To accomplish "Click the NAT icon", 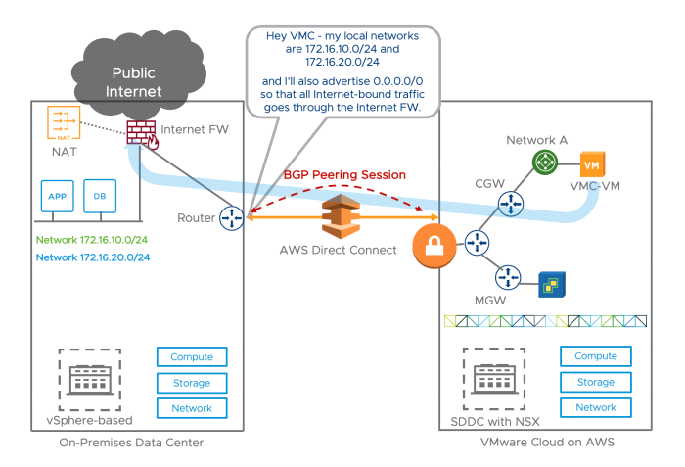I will click(x=63, y=125).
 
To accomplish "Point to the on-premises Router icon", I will click(x=231, y=216).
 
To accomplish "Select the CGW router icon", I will click(x=509, y=203).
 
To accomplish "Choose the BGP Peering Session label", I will click(x=343, y=174).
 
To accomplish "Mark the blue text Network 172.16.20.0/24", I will click(x=93, y=257).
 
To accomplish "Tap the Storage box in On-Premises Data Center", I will click(x=192, y=382).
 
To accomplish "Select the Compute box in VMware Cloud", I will click(x=595, y=357).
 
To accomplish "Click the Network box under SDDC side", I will click(x=595, y=407).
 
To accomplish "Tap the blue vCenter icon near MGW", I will click(x=556, y=286).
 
